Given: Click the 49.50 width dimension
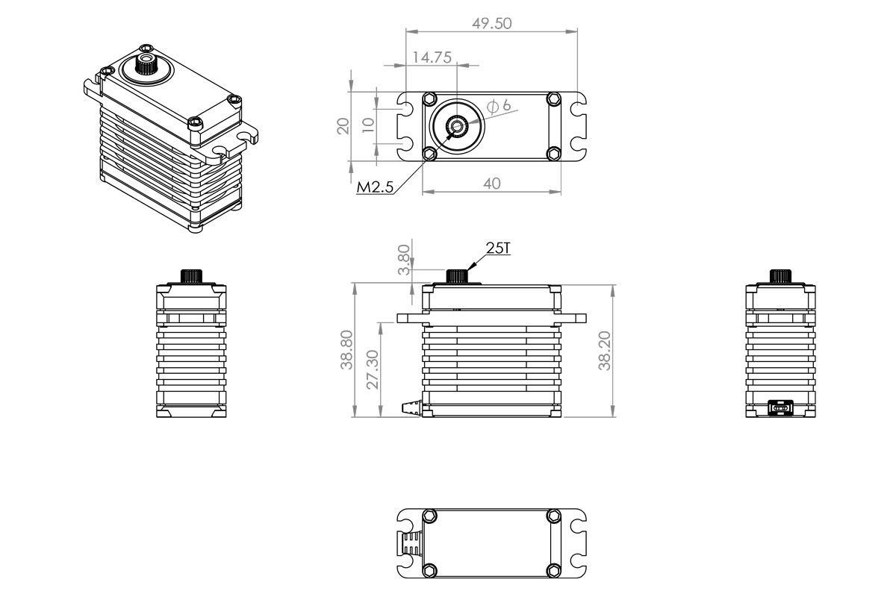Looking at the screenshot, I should coord(491,23).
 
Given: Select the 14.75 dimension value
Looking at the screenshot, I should coord(431,57).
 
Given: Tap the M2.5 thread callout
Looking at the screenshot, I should coord(374,186).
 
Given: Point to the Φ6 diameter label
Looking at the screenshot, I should coord(500,106).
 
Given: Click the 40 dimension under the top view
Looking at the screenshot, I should coord(491,184).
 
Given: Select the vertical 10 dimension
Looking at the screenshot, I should coord(367,125).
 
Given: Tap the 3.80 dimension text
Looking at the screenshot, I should coord(404,259).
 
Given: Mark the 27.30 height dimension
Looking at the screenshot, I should coord(373,369).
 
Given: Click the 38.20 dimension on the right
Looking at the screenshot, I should coord(605,351).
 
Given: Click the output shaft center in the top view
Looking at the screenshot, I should coord(455,128).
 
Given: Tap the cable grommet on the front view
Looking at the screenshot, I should coord(413,407).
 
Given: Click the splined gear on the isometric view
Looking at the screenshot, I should coord(145,67).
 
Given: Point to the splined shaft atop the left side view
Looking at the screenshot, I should coord(191,275).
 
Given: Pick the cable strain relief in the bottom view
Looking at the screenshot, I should coord(410,543).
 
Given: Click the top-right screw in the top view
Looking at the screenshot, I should coord(553,99).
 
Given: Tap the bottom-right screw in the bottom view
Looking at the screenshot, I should coord(553,570).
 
